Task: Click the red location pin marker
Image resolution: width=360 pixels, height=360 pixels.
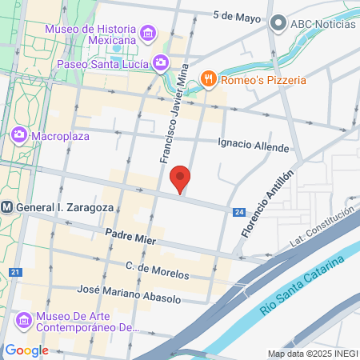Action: (181, 178)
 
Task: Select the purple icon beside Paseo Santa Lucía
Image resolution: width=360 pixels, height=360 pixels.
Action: (161, 62)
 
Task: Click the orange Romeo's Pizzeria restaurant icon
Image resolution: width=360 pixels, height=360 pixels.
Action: (209, 78)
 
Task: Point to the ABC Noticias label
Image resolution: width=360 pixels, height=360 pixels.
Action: (322, 22)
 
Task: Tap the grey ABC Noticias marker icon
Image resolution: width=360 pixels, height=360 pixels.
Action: (278, 22)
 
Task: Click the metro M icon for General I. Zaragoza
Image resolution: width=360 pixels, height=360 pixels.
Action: (6, 207)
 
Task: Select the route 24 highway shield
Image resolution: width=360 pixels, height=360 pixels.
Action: (238, 212)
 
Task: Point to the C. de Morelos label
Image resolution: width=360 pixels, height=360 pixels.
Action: (158, 270)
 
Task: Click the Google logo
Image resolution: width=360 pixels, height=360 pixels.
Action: (26, 350)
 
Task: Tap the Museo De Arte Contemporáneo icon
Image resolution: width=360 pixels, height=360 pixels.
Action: (25, 320)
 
